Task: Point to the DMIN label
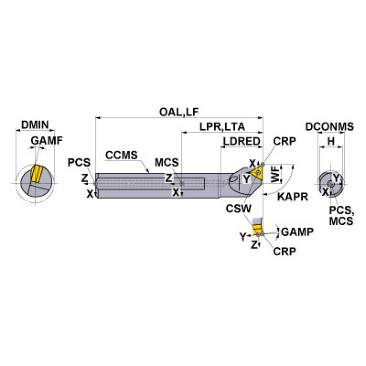[x=35, y=125]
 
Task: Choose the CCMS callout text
[x=121, y=155]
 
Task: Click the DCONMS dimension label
[x=330, y=126]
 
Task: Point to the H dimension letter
[x=330, y=141]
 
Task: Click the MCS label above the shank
[x=166, y=162]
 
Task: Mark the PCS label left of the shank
[x=78, y=163]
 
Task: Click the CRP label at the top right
[x=285, y=141]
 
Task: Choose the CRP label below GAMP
[x=285, y=251]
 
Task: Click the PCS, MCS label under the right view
[x=341, y=216]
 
